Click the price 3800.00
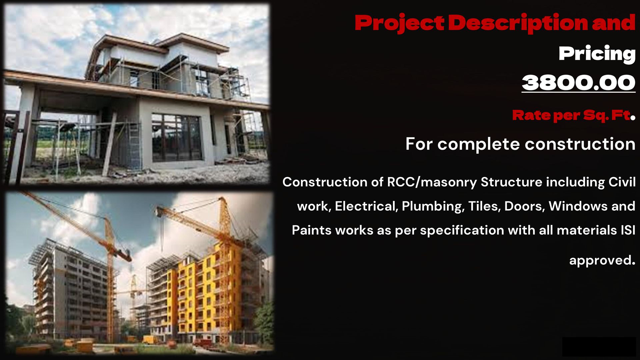[579, 82]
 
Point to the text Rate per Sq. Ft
[572, 115]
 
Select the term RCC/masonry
[432, 182]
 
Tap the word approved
[602, 260]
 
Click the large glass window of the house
[177, 138]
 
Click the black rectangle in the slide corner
[599, 347]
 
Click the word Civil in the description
[622, 182]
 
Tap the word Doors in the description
[524, 206]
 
